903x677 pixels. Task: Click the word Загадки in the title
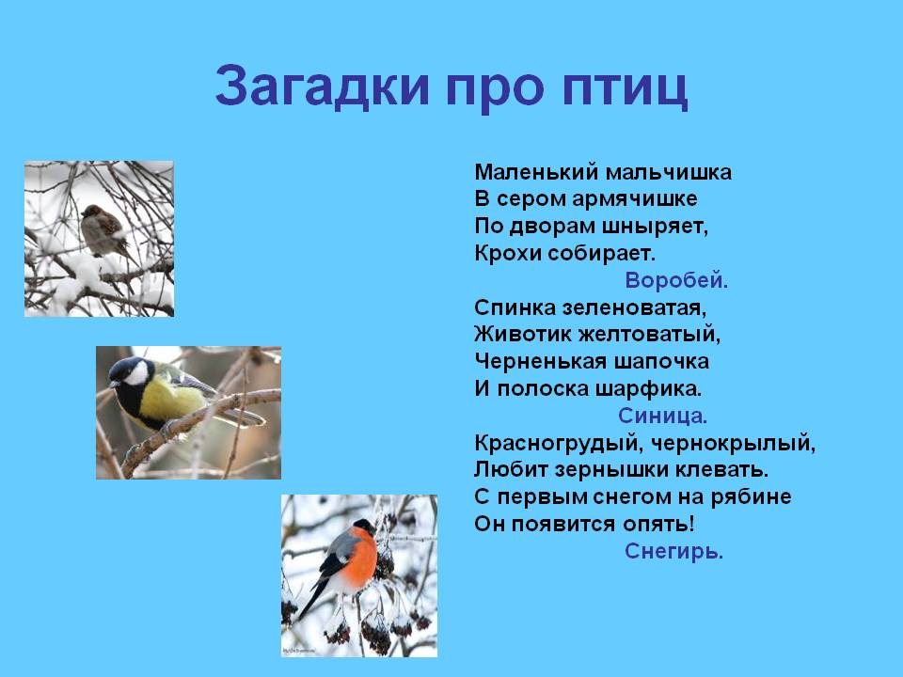click(323, 86)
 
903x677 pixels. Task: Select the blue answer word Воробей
click(676, 280)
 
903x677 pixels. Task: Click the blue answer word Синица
click(662, 416)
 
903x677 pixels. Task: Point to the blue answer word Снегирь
click(673, 552)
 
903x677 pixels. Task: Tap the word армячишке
click(635, 199)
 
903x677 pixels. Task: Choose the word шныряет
click(655, 227)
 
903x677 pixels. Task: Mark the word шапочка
click(661, 362)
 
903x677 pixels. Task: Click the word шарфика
click(648, 389)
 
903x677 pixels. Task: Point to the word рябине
click(751, 497)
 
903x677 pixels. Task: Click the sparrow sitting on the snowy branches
click(103, 230)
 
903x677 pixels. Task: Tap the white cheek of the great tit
click(137, 374)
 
